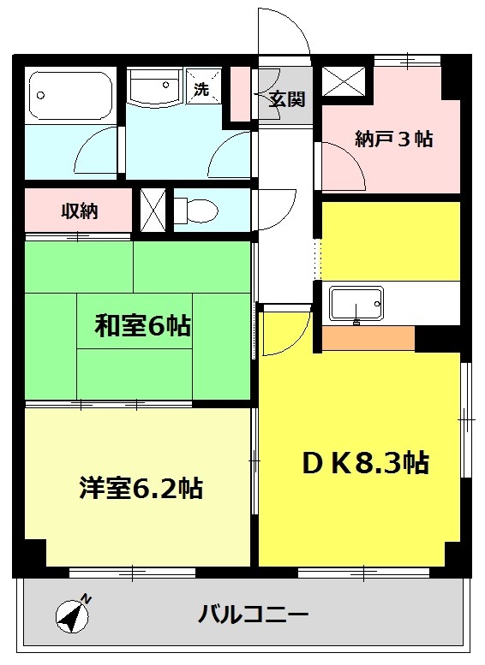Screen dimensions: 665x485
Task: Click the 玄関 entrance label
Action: click(x=286, y=98)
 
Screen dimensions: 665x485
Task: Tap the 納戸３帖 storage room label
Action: click(x=393, y=140)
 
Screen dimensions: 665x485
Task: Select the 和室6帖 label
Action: click(x=142, y=326)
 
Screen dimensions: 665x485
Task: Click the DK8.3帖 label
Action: click(x=364, y=463)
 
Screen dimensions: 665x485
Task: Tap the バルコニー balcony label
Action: click(x=253, y=614)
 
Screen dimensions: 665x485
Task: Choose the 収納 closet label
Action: click(x=78, y=211)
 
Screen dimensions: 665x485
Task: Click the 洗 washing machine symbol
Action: click(x=201, y=89)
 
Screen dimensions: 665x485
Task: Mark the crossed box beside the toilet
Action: click(x=153, y=208)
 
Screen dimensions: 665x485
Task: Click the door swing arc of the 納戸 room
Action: click(x=343, y=167)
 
